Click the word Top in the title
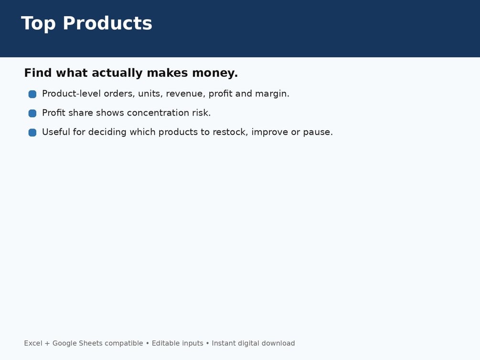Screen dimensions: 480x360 pyautogui.click(x=38, y=23)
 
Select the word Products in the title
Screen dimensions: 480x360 pyautogui.click(x=107, y=23)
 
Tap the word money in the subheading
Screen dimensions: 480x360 pyautogui.click(x=215, y=73)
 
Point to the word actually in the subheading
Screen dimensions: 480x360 pyautogui.click(x=117, y=74)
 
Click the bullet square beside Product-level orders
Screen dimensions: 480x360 pyautogui.click(x=32, y=94)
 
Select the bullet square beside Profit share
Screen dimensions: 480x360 pyautogui.click(x=32, y=113)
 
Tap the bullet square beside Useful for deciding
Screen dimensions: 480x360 pyautogui.click(x=32, y=133)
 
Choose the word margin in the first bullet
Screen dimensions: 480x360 pyautogui.click(x=272, y=94)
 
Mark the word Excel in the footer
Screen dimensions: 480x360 pyautogui.click(x=33, y=343)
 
